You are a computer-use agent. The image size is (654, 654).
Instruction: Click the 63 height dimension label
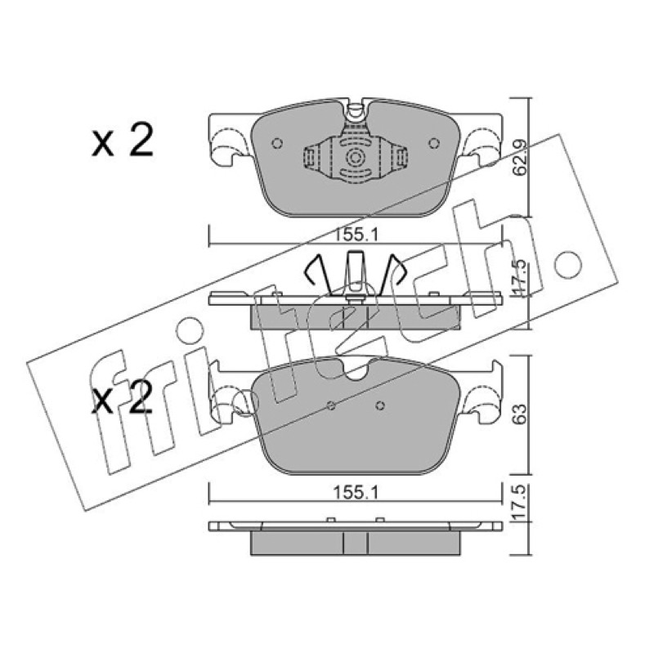click(x=521, y=414)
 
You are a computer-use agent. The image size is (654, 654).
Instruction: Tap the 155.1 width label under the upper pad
click(x=356, y=235)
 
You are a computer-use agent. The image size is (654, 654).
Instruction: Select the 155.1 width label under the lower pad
click(x=356, y=494)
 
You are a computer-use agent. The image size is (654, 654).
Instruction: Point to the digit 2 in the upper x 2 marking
click(x=139, y=141)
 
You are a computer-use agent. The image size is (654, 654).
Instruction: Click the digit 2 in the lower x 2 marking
click(x=138, y=398)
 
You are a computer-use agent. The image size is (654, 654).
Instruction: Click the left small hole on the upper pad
click(x=277, y=143)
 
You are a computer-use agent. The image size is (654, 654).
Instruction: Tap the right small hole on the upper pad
click(x=434, y=143)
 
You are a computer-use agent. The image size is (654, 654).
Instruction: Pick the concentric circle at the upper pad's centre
click(x=356, y=158)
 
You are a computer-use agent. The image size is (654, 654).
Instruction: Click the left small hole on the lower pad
click(x=332, y=405)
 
